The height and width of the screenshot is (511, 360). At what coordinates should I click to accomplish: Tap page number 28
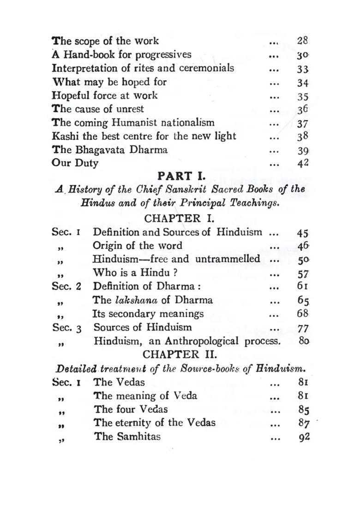(303, 41)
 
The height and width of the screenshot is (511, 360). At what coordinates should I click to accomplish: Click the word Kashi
(64, 136)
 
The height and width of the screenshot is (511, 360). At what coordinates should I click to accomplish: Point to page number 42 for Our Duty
(303, 163)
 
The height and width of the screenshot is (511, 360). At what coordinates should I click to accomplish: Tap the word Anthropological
(203, 341)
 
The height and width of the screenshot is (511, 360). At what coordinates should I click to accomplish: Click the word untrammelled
(228, 259)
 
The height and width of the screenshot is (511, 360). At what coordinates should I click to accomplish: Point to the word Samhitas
(137, 436)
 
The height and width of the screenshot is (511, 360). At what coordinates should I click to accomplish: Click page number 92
(303, 436)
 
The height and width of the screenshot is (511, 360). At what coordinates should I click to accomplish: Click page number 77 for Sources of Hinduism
(303, 328)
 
